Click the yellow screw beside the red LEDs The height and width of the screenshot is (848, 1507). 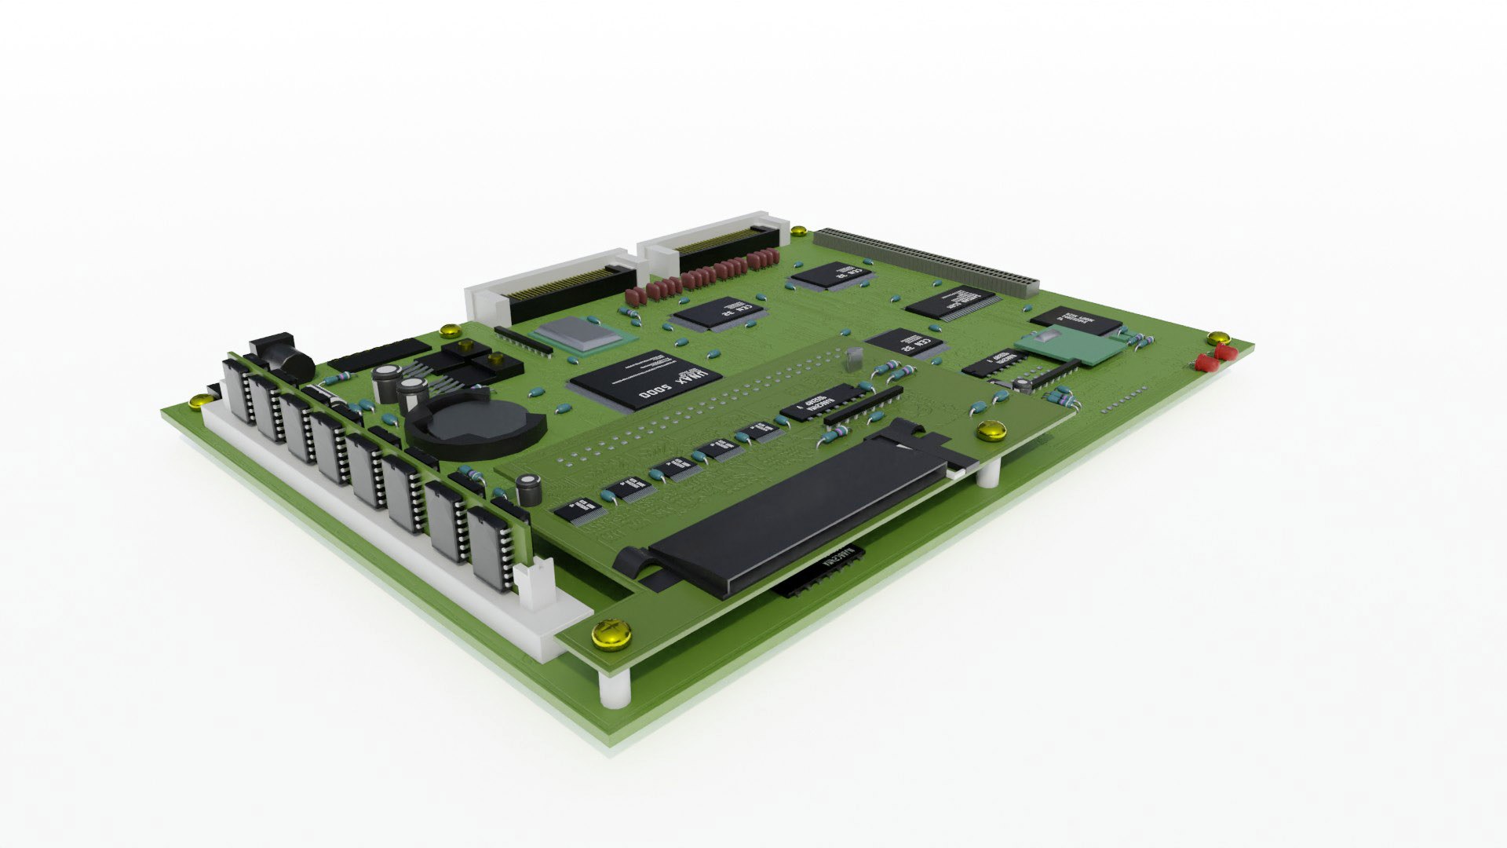click(x=1218, y=338)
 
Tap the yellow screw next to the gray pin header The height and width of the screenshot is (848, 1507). click(x=798, y=231)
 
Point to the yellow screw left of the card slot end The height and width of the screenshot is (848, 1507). click(x=991, y=429)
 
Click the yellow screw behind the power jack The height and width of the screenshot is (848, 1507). click(x=451, y=330)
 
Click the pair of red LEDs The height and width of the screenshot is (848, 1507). click(x=1212, y=358)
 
